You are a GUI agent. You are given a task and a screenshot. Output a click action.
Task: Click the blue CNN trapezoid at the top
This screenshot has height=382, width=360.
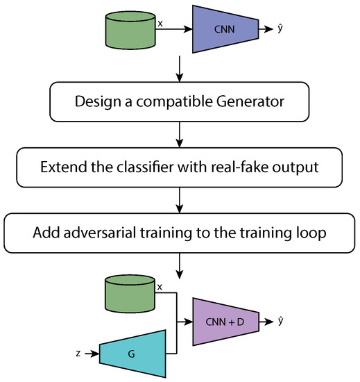[223, 30]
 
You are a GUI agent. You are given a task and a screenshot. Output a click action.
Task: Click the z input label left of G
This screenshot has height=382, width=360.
[79, 354]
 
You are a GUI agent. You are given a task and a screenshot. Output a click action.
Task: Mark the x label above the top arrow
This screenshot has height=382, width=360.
[161, 23]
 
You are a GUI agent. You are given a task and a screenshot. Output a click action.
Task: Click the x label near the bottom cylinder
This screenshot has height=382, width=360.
[161, 286]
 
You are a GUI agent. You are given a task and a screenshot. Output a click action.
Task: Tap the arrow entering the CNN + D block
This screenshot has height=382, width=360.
[185, 322]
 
